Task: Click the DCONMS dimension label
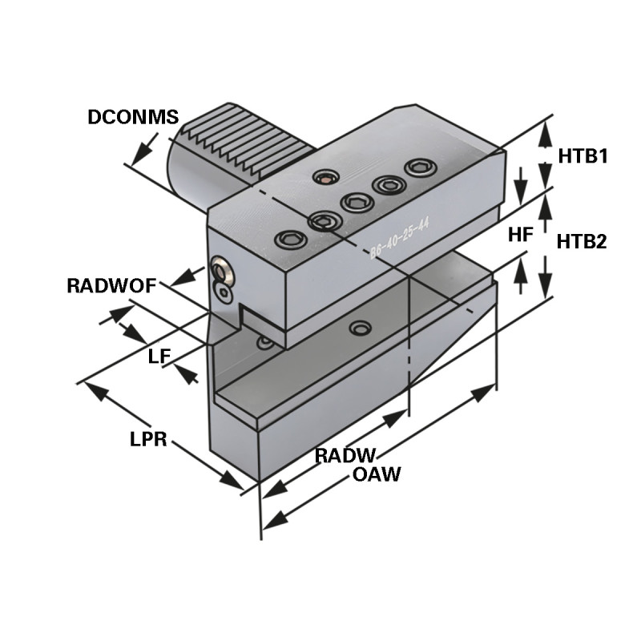132,116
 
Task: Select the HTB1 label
582,155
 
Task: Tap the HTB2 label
582,241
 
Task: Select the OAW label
377,474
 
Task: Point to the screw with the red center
324,178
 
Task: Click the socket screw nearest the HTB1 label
420,167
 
